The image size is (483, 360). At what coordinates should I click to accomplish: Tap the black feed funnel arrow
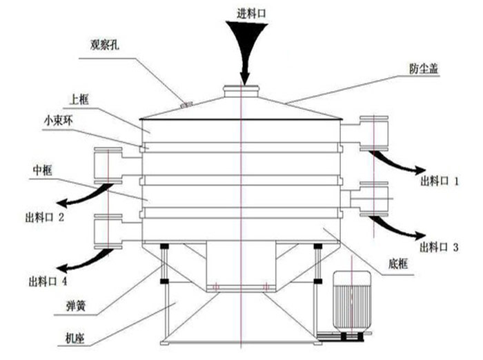coord(243,48)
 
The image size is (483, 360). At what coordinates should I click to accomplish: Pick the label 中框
coord(43,169)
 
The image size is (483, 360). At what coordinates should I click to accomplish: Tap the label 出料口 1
coord(440,181)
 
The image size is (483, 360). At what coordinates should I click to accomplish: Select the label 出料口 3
coord(440,247)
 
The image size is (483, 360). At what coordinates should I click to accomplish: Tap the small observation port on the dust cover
coord(184,105)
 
